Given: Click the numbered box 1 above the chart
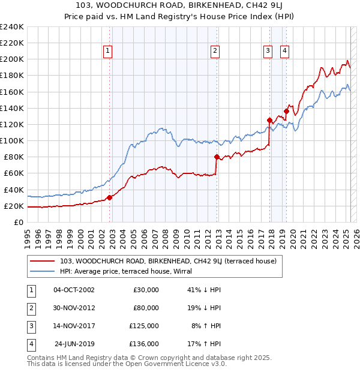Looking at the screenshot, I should (107, 51).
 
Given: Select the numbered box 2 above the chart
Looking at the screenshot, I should (214, 51).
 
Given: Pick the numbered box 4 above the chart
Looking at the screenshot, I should (284, 51).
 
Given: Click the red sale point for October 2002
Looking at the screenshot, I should (109, 197).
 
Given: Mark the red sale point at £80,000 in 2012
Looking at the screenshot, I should (216, 157).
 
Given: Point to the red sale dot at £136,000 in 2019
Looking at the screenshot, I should (287, 111).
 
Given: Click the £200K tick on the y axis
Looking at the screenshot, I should (12, 59).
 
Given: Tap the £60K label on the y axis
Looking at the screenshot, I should (14, 173).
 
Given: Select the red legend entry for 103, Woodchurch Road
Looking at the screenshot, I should (168, 261).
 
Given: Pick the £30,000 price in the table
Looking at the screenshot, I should (146, 290).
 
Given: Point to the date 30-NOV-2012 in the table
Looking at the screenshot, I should (74, 308).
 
